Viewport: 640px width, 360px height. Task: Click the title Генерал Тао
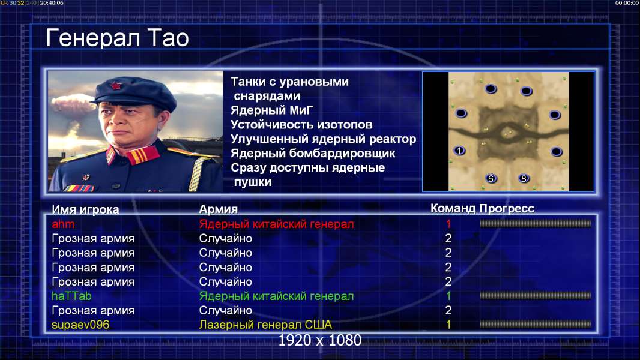[x=117, y=38]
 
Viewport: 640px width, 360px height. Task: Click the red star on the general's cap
[x=115, y=86]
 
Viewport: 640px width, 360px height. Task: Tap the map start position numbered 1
[x=459, y=151]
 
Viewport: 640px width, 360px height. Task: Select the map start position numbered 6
[x=491, y=178]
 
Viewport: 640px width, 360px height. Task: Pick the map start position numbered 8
[x=524, y=178]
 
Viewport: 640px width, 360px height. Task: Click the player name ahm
[x=63, y=224]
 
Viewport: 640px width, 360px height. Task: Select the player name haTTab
[x=71, y=296]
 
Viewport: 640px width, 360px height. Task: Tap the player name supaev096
[x=80, y=325]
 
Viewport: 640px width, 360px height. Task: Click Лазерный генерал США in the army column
[x=265, y=325]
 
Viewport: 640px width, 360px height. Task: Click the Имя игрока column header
[x=85, y=209]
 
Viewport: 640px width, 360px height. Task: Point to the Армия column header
[x=219, y=209]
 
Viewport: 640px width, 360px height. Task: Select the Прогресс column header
[x=507, y=208]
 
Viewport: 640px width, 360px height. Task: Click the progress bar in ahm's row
[x=536, y=223]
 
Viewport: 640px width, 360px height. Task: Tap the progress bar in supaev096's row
[x=536, y=325]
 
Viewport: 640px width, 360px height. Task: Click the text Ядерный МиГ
[x=272, y=110]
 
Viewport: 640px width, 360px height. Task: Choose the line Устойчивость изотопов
[x=301, y=125]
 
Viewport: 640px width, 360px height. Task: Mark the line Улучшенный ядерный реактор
[x=323, y=139]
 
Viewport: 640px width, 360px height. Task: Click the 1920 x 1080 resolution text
[x=319, y=340]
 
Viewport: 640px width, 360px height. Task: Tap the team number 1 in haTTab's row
[x=448, y=296]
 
